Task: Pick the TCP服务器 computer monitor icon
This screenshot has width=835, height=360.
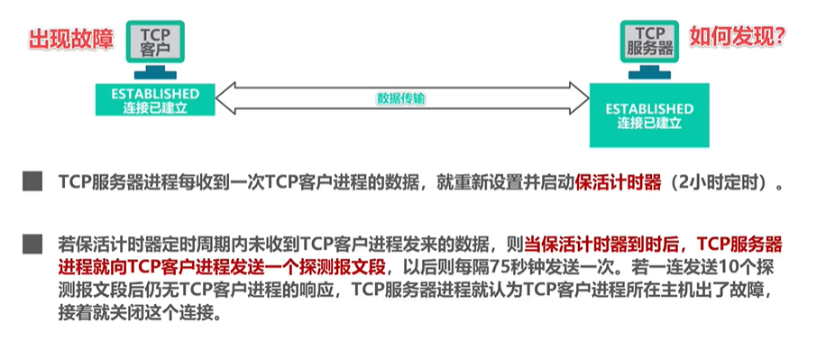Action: coord(649,42)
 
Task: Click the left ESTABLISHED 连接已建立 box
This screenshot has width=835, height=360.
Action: coord(155,101)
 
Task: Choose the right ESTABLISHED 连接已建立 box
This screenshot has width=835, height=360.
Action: coord(649,115)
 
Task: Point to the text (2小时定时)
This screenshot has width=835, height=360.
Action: coord(721,182)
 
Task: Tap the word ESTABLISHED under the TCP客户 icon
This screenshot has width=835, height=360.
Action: coord(155,93)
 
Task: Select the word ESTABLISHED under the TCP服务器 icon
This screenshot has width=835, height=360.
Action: coord(649,108)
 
